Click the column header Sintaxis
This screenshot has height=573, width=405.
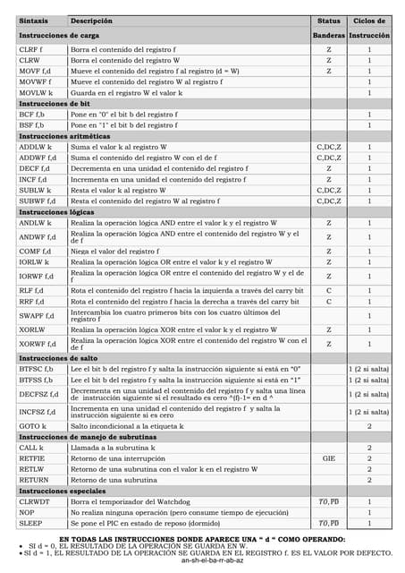pyautogui.click(x=34, y=20)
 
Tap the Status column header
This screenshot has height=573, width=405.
pyautogui.click(x=328, y=20)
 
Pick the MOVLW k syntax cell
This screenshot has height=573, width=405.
pyautogui.click(x=36, y=92)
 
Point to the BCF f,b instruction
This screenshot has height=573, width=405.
pyautogui.click(x=32, y=114)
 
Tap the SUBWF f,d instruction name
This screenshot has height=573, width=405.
pyautogui.click(x=38, y=201)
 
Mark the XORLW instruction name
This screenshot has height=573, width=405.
pyautogui.click(x=32, y=330)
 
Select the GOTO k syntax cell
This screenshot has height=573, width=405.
pyautogui.click(x=32, y=426)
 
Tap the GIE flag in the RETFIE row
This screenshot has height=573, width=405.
pyautogui.click(x=328, y=458)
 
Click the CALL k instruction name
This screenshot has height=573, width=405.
pyautogui.click(x=31, y=447)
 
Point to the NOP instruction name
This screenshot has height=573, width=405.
pyautogui.click(x=26, y=512)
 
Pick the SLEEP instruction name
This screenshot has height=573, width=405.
pyautogui.click(x=30, y=523)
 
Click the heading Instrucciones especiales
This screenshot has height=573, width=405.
pyautogui.click(x=62, y=491)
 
